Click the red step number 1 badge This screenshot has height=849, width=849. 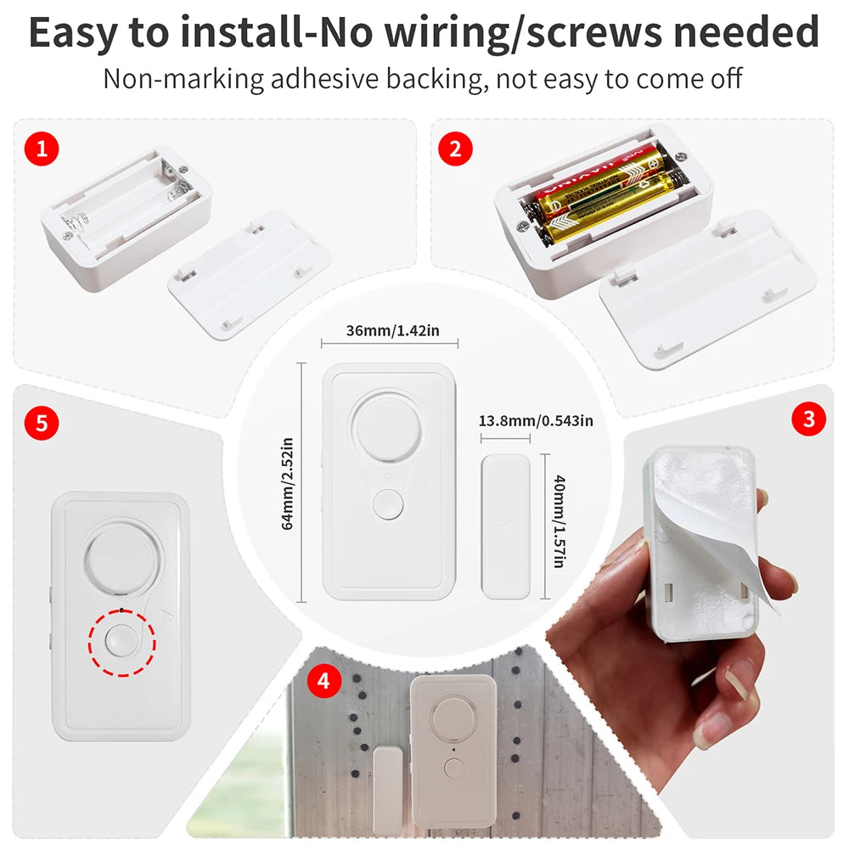[x=42, y=149]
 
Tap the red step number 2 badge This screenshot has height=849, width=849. [x=455, y=149]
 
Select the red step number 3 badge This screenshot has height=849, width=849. [x=807, y=418]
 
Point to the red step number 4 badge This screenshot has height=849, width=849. [x=323, y=680]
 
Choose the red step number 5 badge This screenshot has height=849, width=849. [x=42, y=422]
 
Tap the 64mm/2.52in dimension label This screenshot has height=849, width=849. [x=287, y=483]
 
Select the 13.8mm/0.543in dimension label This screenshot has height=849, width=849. [x=536, y=421]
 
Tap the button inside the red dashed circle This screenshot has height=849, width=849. [x=121, y=642]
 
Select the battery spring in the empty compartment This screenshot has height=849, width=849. [x=77, y=225]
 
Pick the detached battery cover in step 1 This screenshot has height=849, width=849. [x=249, y=273]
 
